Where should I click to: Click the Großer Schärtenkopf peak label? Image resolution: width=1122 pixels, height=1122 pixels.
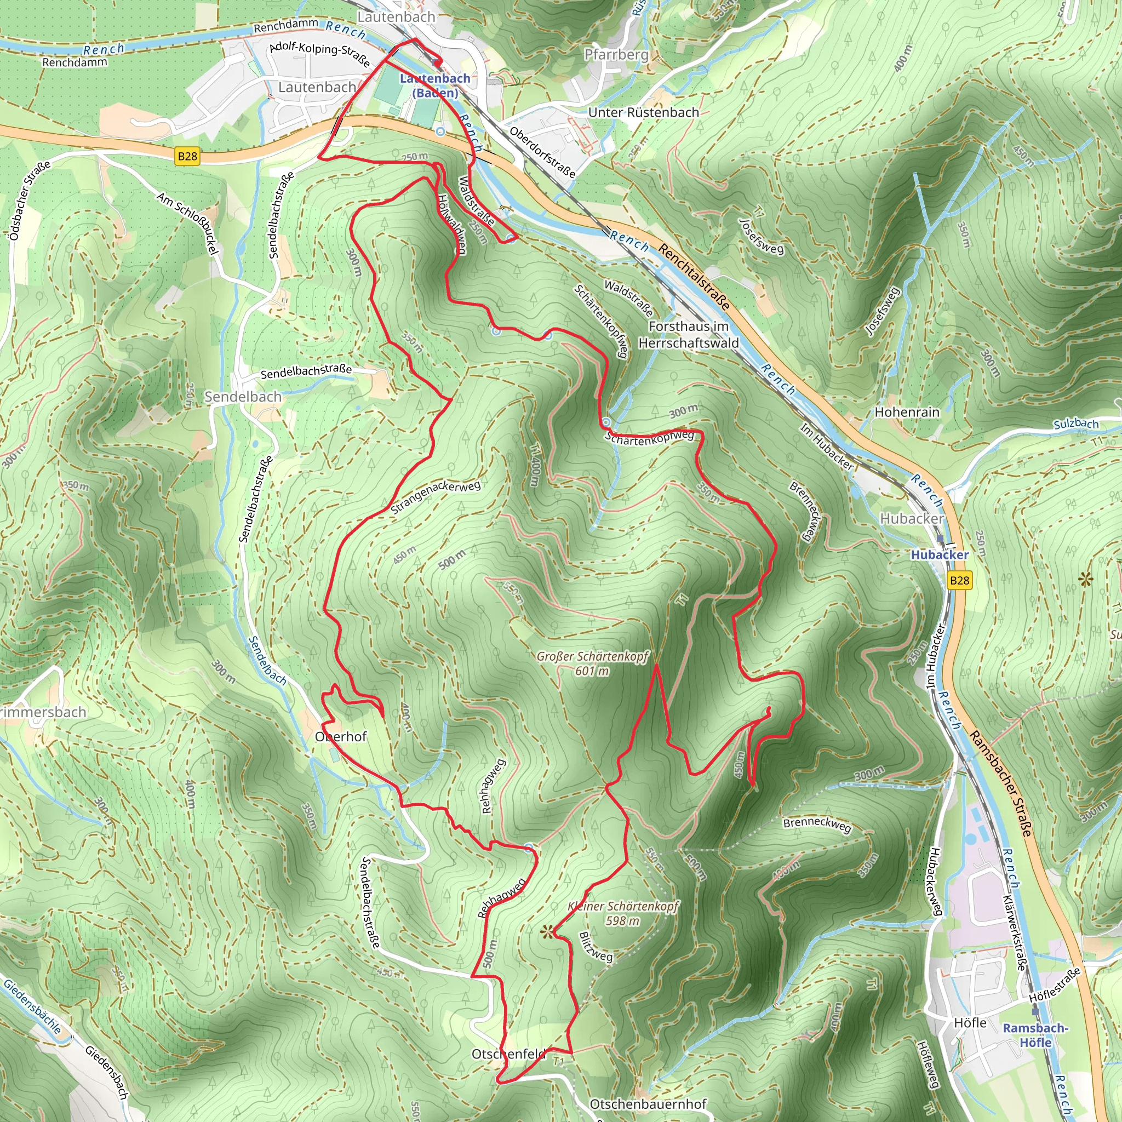(592, 663)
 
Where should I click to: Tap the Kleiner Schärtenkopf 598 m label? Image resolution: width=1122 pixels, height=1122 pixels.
(622, 913)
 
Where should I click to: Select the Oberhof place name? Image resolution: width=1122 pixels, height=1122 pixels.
(341, 736)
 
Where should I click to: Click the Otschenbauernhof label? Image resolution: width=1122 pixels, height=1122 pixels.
(648, 1103)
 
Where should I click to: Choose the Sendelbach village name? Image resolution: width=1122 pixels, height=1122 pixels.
(243, 397)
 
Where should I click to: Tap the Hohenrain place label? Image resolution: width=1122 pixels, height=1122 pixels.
(907, 412)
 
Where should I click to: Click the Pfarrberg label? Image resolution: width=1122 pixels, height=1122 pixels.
(616, 55)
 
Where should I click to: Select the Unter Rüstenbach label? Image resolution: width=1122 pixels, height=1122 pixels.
(644, 112)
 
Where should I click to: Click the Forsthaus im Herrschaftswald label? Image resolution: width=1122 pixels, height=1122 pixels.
(688, 335)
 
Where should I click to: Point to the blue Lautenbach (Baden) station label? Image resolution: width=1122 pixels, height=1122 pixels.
(435, 85)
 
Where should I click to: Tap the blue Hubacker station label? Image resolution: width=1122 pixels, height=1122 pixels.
(939, 554)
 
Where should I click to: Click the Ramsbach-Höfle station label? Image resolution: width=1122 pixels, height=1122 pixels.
(1035, 1035)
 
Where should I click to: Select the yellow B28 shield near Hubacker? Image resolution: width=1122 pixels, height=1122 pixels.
(959, 580)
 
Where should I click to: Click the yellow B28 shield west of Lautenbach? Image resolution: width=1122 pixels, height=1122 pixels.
(187, 156)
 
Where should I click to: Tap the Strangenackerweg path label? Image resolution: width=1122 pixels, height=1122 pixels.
(436, 496)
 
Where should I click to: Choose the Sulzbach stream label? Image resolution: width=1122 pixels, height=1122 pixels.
(1075, 423)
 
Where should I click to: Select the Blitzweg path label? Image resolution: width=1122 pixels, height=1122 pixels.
(596, 947)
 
